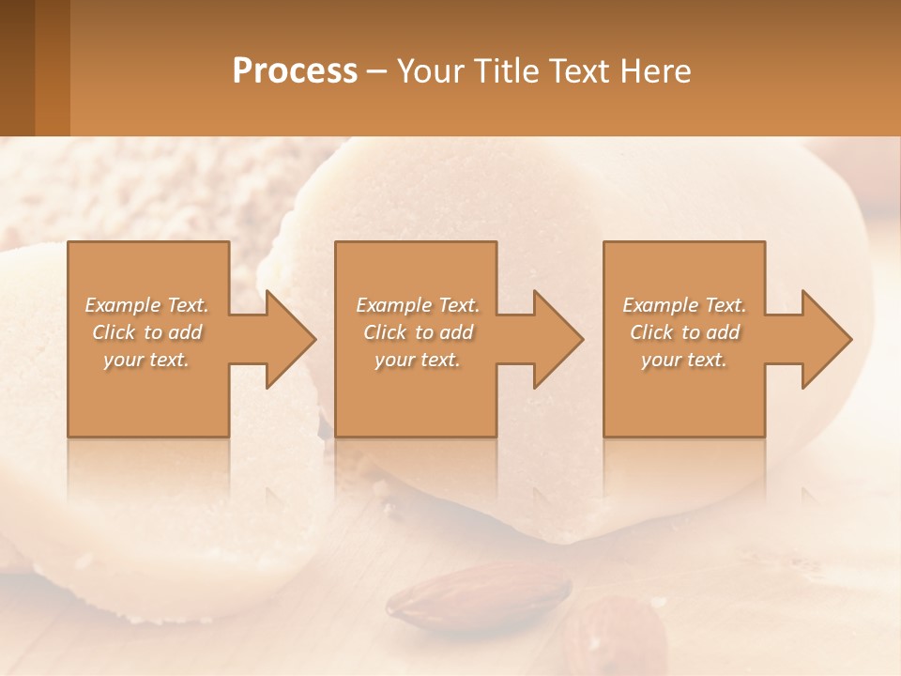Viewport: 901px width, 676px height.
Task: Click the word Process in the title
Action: tap(295, 71)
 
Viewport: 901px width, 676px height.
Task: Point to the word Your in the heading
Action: tap(432, 71)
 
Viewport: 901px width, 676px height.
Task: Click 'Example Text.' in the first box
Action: tap(146, 305)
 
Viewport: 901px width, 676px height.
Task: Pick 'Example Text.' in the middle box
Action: tap(418, 305)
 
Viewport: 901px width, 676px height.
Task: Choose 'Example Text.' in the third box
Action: tap(684, 305)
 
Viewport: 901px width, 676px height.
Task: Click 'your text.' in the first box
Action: tap(146, 360)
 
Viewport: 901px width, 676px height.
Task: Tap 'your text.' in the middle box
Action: tap(418, 360)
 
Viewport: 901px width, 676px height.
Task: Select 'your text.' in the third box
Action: tap(684, 360)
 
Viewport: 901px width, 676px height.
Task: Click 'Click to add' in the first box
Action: tap(146, 332)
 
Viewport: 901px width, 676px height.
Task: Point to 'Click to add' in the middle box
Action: tap(418, 332)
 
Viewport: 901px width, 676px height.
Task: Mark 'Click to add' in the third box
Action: tap(684, 332)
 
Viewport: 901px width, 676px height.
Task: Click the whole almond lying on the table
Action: tap(479, 593)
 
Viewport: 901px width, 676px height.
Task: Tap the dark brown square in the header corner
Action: tap(17, 68)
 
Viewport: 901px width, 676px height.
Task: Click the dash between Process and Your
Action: tap(377, 72)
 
